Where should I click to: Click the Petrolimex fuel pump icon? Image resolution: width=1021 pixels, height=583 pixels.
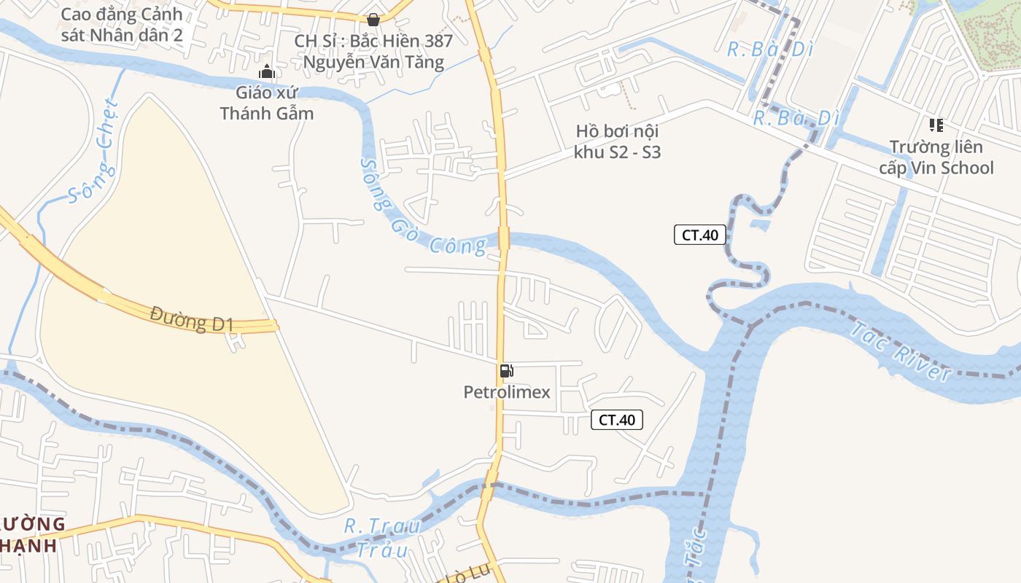point(506,371)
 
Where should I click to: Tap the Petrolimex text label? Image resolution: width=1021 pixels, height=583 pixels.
point(507,393)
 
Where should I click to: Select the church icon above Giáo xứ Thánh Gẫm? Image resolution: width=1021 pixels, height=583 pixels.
point(267,71)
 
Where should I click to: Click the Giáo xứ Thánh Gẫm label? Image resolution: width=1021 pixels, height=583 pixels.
point(267,103)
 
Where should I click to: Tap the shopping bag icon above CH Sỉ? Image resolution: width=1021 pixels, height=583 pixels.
point(373,20)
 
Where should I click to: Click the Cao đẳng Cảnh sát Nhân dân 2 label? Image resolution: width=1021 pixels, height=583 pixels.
point(121,25)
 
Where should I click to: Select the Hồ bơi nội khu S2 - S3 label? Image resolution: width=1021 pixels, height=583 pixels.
point(617,142)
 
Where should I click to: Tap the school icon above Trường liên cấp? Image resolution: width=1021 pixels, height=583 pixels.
point(936,125)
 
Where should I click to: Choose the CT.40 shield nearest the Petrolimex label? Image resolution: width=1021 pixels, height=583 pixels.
point(616,420)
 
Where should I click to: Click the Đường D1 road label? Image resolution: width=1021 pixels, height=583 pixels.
point(191,319)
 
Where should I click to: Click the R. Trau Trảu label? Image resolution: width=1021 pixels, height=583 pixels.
point(383,537)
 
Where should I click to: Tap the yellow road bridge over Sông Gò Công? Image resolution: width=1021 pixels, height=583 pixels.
point(503,238)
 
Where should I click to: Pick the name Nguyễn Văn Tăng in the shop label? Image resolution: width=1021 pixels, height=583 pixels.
point(373,62)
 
